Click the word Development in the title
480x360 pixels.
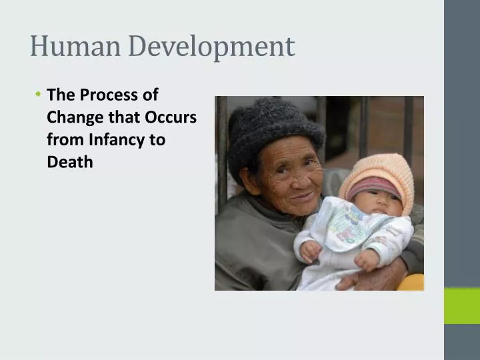[x=211, y=47]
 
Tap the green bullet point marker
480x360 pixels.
[x=39, y=95]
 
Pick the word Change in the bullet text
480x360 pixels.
[x=74, y=117]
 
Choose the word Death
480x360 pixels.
[x=70, y=161]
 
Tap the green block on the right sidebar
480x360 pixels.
[x=461, y=305]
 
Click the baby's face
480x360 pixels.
[x=377, y=203]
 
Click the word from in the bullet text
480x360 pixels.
[x=62, y=139]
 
